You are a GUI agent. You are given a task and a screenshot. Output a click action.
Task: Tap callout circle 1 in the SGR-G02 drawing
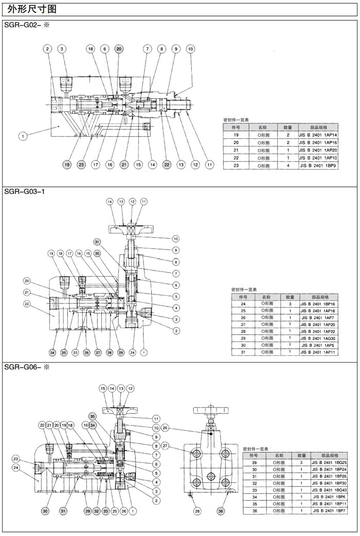22,136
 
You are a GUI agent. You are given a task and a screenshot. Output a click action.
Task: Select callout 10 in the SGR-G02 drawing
190,49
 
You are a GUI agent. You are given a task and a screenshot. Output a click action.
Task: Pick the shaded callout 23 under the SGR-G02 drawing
81,165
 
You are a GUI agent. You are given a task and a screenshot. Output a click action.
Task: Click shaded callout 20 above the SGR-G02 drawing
119,49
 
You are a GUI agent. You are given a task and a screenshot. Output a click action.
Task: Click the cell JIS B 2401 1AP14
318,134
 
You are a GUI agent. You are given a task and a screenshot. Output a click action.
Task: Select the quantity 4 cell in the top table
288,166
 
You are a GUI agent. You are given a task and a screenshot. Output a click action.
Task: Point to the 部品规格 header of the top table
318,127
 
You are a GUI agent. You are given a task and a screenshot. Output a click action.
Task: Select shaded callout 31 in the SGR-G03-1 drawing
97,241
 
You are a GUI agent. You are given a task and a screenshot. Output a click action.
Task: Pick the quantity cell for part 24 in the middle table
290,304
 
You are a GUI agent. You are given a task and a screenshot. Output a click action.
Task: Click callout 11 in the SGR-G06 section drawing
156,419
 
